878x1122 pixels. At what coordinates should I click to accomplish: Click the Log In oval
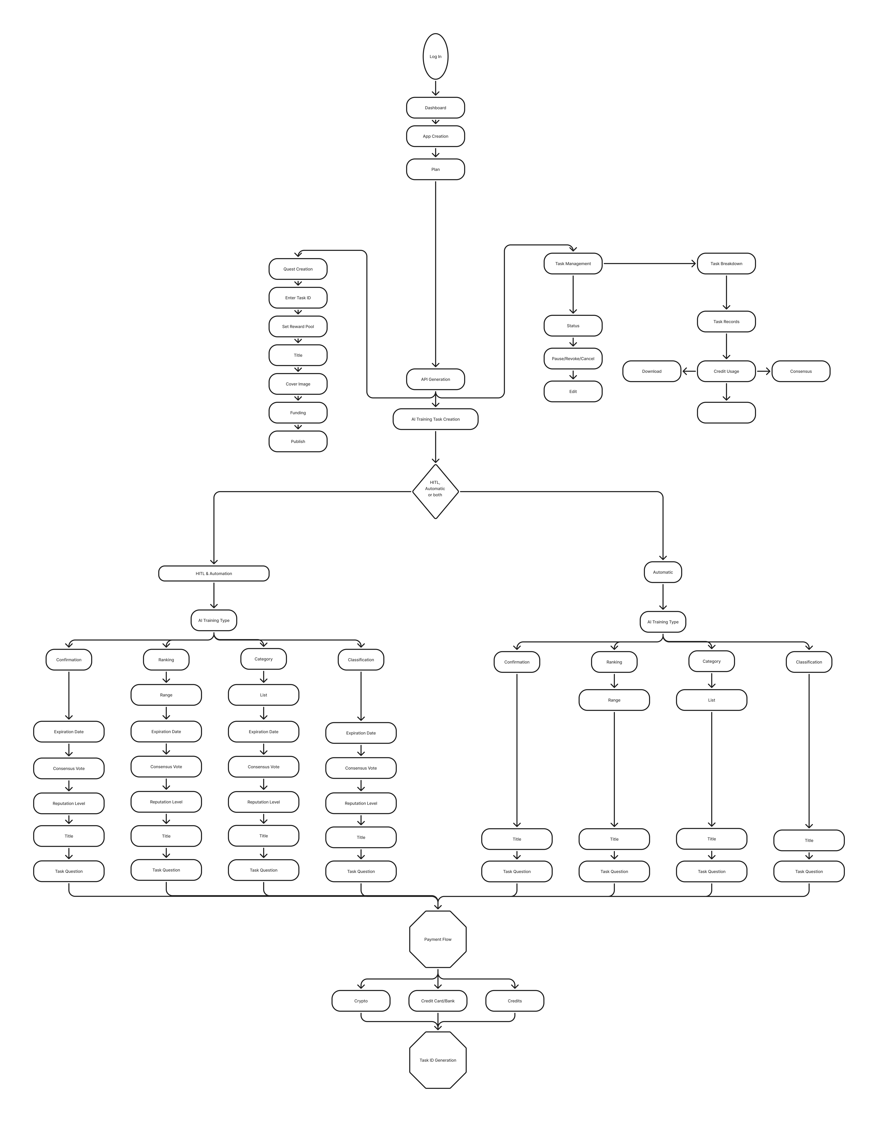[435, 57]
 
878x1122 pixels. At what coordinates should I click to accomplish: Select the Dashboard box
[435, 108]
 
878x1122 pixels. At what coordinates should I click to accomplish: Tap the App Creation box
[435, 136]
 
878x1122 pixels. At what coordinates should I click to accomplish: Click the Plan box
[435, 169]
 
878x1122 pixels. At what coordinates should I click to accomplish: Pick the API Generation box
[435, 379]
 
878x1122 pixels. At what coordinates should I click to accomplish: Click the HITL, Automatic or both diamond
[435, 492]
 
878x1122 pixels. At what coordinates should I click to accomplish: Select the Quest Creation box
[298, 269]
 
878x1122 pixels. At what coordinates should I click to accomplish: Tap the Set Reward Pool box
[298, 326]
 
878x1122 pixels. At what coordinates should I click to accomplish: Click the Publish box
[298, 441]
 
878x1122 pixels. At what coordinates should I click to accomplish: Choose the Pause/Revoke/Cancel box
[573, 359]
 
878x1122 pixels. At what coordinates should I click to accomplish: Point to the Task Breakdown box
[726, 264]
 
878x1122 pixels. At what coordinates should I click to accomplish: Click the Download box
[652, 371]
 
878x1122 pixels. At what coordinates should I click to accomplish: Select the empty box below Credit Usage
[726, 413]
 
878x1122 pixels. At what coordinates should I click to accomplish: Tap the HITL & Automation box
[214, 573]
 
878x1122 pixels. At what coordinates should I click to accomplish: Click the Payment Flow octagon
[438, 939]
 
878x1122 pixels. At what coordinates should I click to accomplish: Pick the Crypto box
[361, 1001]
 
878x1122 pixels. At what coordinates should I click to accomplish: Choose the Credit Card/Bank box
[438, 1001]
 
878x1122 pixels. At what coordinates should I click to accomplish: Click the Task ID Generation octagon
[438, 1060]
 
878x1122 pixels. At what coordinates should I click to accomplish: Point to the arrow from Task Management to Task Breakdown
[650, 264]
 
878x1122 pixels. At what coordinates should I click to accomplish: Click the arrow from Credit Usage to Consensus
[764, 371]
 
